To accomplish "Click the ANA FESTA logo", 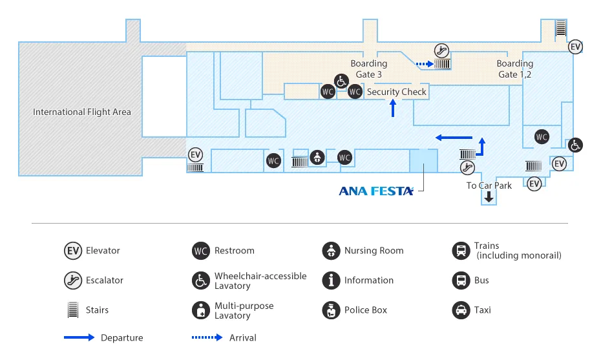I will coord(376,191).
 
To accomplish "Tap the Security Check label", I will coord(397,92).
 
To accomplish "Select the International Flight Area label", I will coord(82,112).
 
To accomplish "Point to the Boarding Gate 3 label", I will coord(369,69).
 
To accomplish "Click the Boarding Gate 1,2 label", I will coord(515,69).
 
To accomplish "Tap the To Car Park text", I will coord(489,185).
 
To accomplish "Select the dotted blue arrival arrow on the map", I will coord(423,64).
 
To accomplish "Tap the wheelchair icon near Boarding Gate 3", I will coord(341,81).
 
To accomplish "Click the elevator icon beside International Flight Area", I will coord(196,155).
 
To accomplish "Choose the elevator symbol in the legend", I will coord(72,251).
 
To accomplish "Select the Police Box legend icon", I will coord(331,310).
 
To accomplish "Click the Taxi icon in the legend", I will coord(461,310).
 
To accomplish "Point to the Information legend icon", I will coord(331,281).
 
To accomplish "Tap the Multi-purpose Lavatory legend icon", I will coord(201,310).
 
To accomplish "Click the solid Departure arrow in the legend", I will coord(79,337).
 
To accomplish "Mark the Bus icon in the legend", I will coord(461,281).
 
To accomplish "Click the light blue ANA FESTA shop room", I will coord(423,160).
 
